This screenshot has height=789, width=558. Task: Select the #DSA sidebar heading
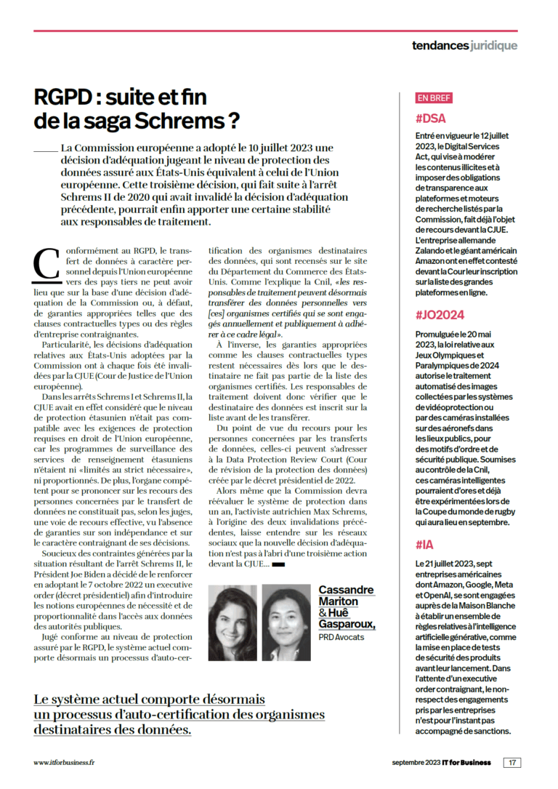click(431, 117)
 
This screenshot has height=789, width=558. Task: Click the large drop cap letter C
click(46, 263)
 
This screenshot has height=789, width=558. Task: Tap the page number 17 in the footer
click(513, 763)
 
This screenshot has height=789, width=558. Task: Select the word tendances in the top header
click(440, 46)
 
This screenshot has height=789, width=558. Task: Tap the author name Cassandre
click(347, 590)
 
